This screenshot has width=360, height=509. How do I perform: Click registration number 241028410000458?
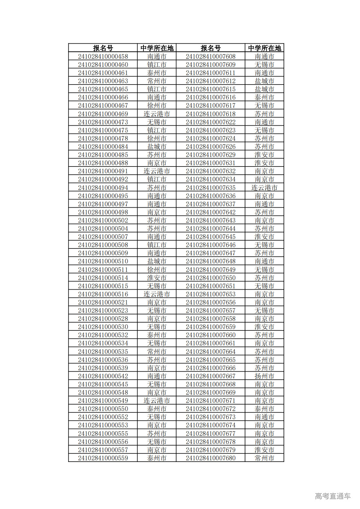point(103,56)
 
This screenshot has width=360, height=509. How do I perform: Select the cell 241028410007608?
point(210,56)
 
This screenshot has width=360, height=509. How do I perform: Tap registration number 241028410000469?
point(103,114)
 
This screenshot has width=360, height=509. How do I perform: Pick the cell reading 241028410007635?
point(210,188)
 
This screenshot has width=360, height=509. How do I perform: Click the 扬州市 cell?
point(264,376)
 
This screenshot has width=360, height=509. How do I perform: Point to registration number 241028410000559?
point(103,458)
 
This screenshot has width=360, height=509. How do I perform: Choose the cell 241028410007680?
point(210,458)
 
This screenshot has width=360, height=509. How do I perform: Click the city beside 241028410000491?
point(157,171)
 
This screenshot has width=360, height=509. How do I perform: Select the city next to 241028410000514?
point(157,278)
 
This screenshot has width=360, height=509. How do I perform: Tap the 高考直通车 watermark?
point(333,496)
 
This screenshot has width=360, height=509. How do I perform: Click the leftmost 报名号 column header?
point(103,48)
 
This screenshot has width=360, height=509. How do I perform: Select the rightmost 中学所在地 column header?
point(264,48)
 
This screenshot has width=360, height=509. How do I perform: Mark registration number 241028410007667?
point(210,376)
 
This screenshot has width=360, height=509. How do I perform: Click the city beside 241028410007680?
point(264,458)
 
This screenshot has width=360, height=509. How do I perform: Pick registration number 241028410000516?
point(103,294)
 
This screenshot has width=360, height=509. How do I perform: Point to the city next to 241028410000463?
point(157,81)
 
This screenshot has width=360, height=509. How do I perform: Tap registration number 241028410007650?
point(210,278)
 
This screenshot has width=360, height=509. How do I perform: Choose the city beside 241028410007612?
point(264,81)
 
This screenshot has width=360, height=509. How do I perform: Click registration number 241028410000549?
point(103,401)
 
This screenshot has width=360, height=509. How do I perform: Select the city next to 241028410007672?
point(264,409)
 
